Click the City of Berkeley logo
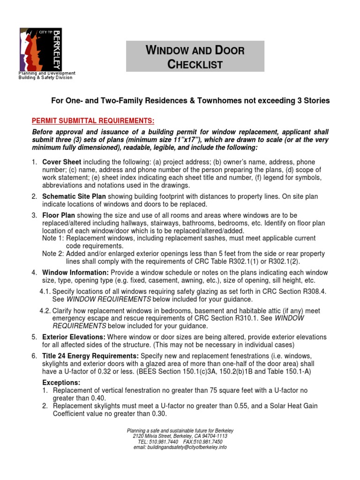click(40, 49)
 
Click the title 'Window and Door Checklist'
click(195, 57)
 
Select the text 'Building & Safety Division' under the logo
click(45, 78)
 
